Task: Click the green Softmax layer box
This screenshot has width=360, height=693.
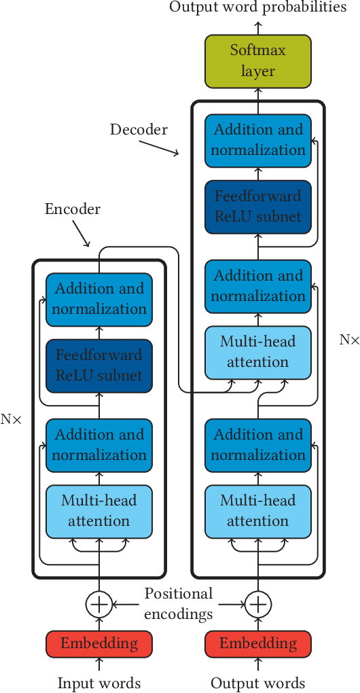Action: tap(258, 60)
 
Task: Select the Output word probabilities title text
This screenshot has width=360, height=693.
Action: tap(258, 7)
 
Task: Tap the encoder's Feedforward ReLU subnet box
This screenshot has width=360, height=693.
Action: tap(99, 366)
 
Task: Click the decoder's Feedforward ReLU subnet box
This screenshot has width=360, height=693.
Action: tap(258, 207)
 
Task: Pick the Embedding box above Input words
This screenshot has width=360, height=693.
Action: tap(99, 643)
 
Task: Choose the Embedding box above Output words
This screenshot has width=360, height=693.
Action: tap(258, 643)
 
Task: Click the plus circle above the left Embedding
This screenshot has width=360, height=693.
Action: tap(99, 603)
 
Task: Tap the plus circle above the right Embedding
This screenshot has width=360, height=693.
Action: tap(258, 603)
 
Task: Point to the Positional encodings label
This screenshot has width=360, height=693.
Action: tap(179, 603)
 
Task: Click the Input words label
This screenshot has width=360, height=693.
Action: tap(99, 683)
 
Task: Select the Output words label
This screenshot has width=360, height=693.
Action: tap(258, 683)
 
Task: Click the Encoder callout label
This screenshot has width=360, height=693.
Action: tap(73, 209)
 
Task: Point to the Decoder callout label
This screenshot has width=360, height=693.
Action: tap(139, 129)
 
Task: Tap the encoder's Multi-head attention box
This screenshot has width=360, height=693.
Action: tap(99, 511)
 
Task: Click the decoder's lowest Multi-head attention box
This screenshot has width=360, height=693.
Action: tap(258, 511)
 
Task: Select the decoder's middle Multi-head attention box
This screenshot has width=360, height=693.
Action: tap(258, 352)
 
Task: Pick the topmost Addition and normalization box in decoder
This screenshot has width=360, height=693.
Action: tap(258, 140)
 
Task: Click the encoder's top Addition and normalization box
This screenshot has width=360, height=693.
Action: tap(99, 299)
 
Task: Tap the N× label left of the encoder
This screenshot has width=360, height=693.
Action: tap(11, 420)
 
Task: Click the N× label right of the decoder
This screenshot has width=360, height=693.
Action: tap(349, 340)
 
